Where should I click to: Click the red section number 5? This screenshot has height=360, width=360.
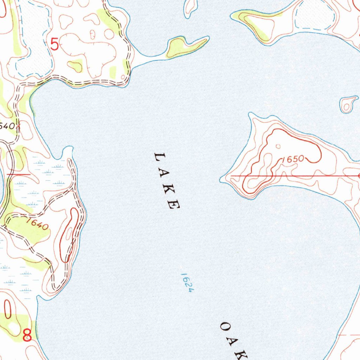point(55,45)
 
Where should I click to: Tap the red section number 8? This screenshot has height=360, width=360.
point(27,335)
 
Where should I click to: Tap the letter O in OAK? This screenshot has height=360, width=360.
point(225,326)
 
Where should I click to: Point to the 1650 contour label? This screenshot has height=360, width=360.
point(293,159)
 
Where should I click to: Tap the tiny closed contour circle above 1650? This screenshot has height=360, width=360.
point(278,146)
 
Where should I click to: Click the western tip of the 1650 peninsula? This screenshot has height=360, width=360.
point(221,179)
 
